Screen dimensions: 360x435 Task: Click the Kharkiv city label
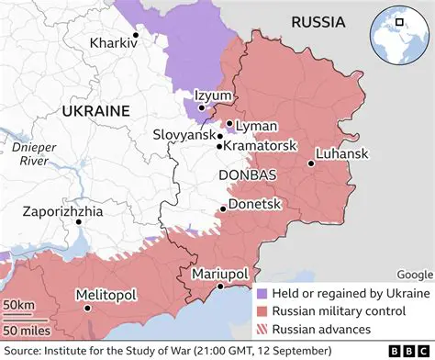click(109, 43)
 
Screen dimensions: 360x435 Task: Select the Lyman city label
click(251, 125)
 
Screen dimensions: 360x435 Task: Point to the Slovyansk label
click(184, 135)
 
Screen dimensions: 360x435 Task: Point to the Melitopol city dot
click(87, 309)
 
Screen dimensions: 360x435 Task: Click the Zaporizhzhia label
click(64, 211)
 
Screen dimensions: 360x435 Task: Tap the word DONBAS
click(243, 174)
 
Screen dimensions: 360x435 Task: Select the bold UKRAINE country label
click(95, 110)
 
